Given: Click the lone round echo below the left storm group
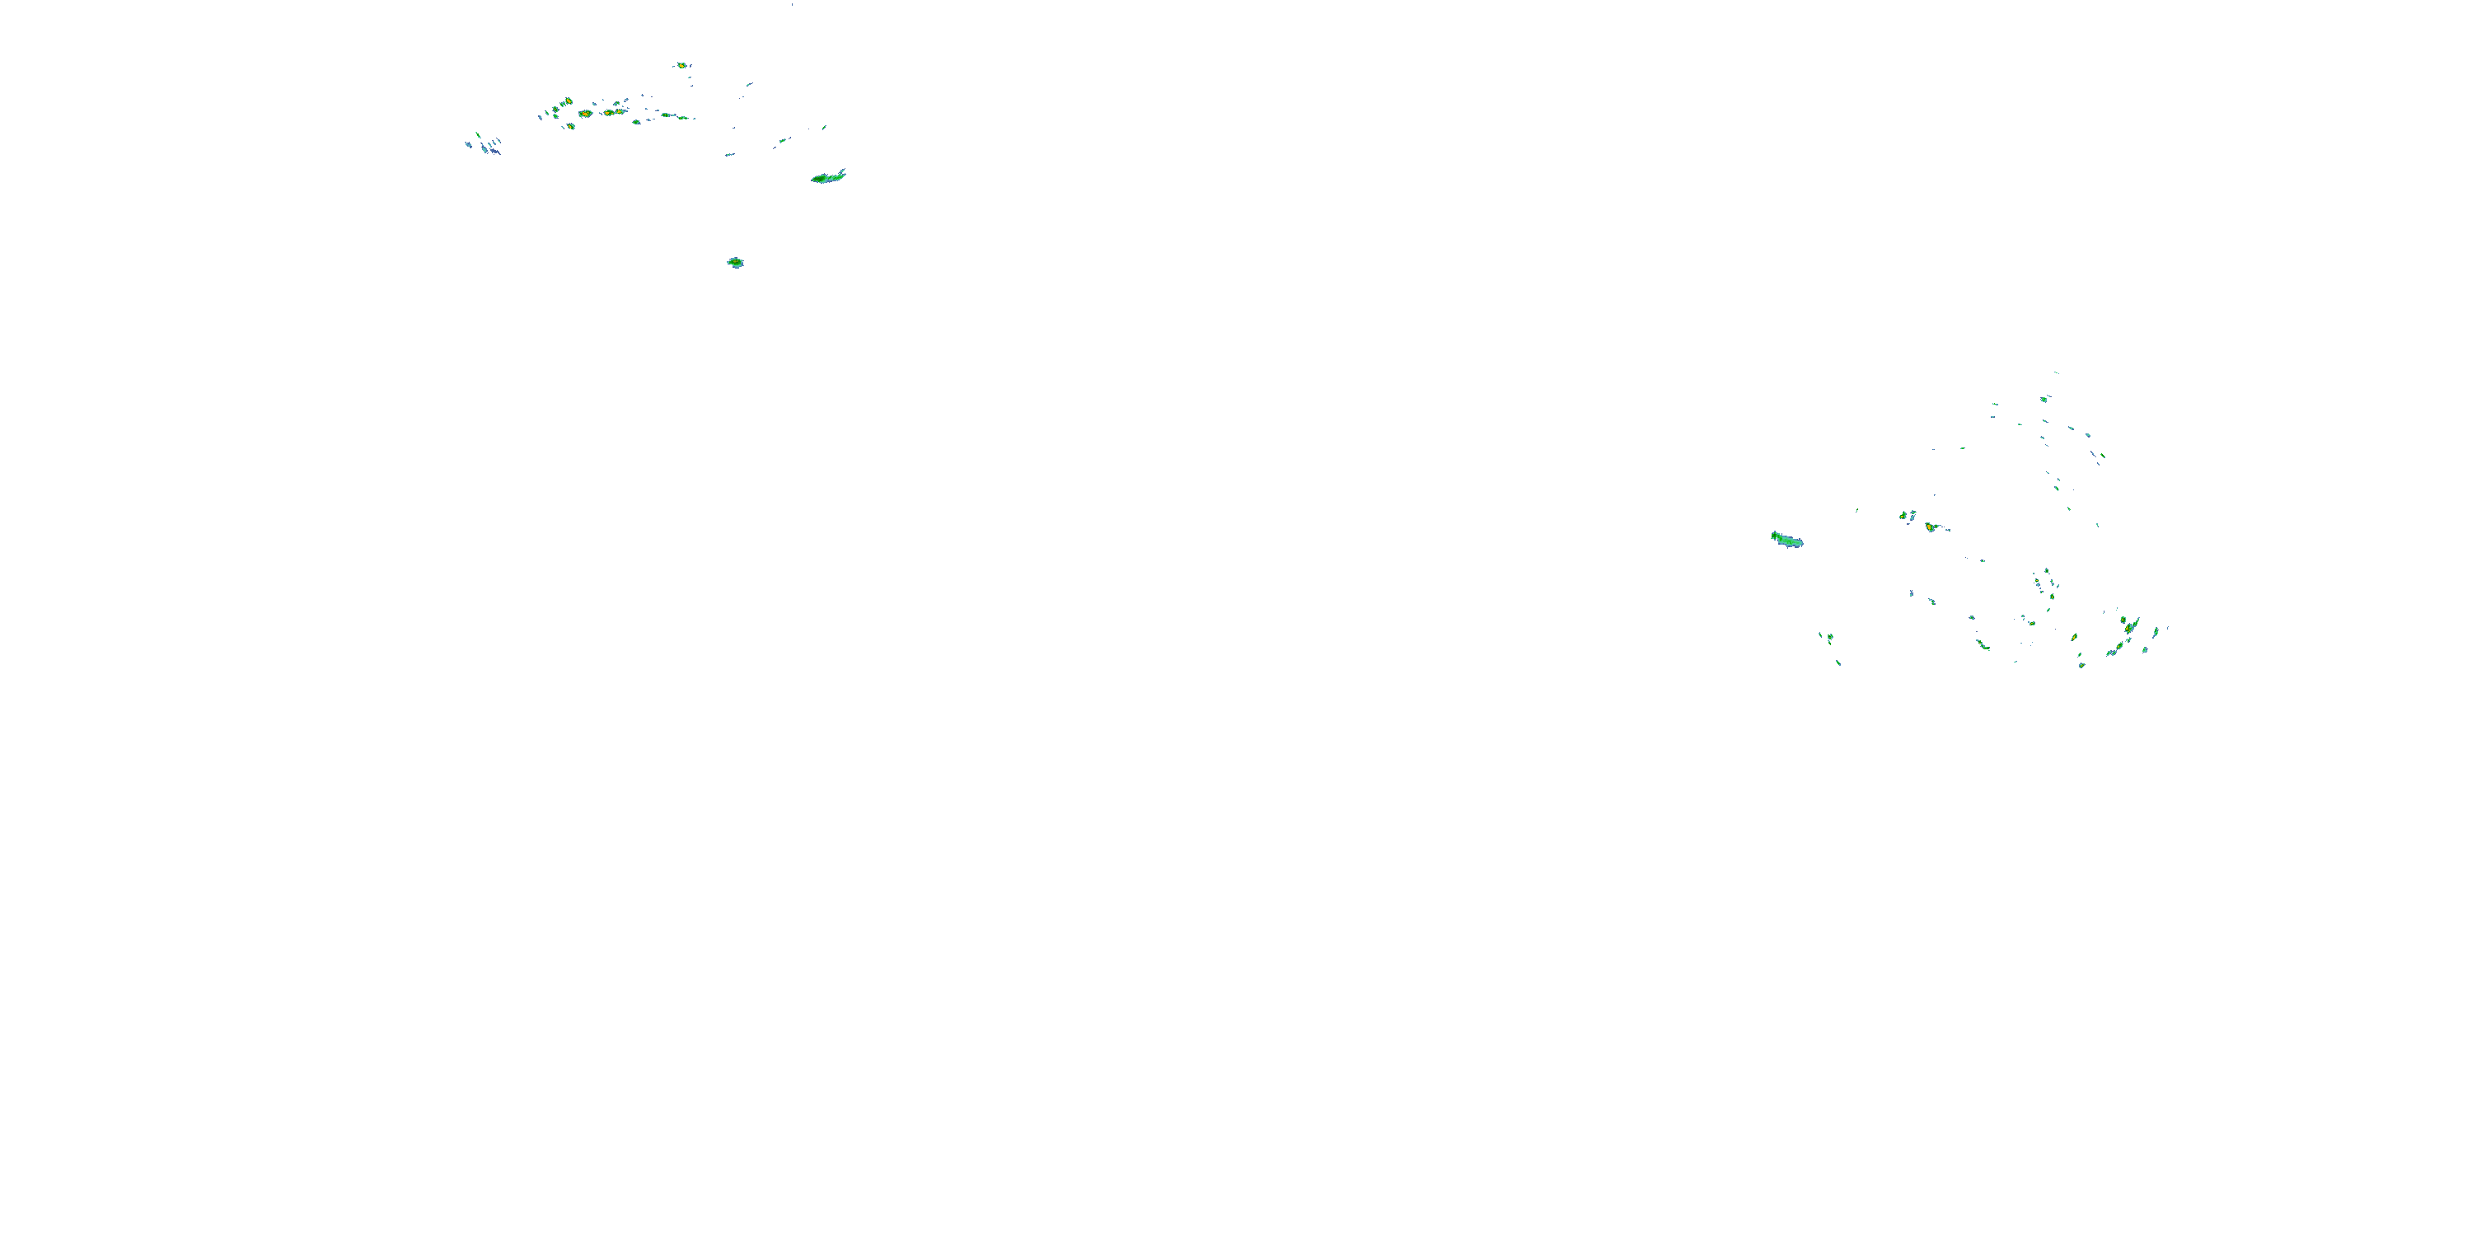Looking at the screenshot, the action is point(735,262).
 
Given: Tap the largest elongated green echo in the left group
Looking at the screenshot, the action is point(827,176).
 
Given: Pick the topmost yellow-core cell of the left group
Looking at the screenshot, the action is point(681,65).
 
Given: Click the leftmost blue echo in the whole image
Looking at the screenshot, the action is point(468,145).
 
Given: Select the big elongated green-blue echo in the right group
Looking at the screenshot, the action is point(1786,541).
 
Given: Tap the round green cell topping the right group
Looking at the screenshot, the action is point(2044,398).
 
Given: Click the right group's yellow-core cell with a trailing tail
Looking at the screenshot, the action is point(1931,527).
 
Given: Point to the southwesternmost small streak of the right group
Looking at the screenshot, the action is point(1838,662).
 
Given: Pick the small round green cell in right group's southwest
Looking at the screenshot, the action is point(1830,636).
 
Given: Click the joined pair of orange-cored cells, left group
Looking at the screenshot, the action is point(611,112).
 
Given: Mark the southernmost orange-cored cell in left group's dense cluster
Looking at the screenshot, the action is point(570,126).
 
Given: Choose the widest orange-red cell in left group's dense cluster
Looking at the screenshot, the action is point(585,113).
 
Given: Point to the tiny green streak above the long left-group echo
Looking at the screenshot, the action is point(824,127).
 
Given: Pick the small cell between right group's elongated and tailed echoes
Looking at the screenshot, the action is point(1902,515).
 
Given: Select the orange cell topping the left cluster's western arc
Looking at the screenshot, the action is point(567,101).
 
